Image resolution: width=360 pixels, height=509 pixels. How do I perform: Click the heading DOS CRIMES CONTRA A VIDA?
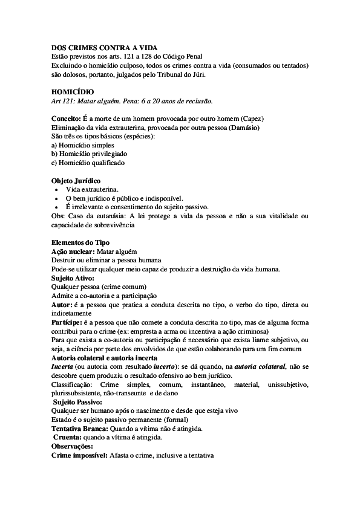[96, 47]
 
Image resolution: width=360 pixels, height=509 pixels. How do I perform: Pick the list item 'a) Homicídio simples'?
[82, 145]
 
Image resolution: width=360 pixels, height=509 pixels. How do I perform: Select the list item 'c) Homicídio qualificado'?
[88, 163]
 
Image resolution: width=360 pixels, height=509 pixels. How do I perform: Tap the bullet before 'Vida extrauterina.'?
[56, 190]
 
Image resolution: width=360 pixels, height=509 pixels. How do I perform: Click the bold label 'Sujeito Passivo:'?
[77, 402]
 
